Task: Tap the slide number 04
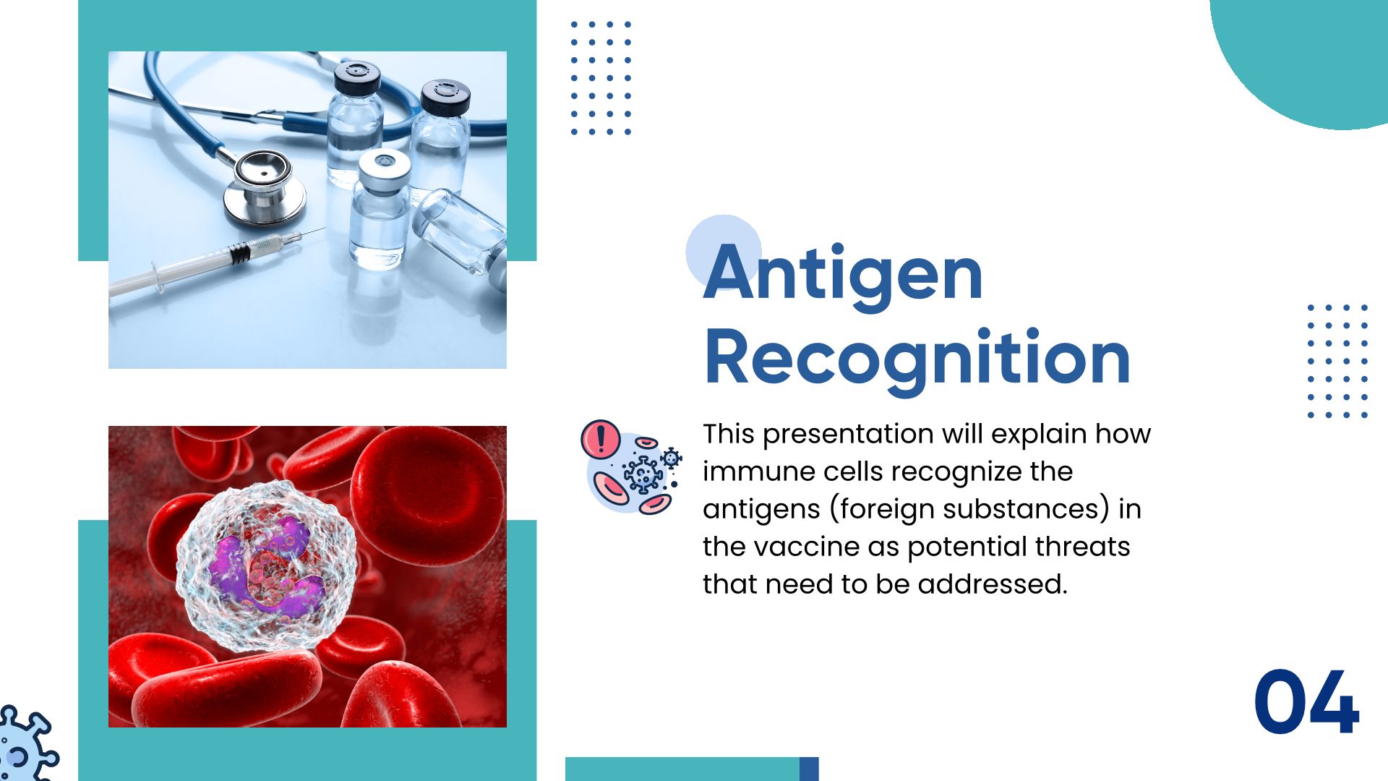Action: [x=1306, y=702]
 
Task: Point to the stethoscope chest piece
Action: [x=264, y=186]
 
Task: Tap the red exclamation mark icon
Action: [x=600, y=439]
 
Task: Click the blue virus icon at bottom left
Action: [x=26, y=745]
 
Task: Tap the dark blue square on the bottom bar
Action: [x=809, y=769]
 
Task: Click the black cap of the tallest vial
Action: [x=357, y=77]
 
